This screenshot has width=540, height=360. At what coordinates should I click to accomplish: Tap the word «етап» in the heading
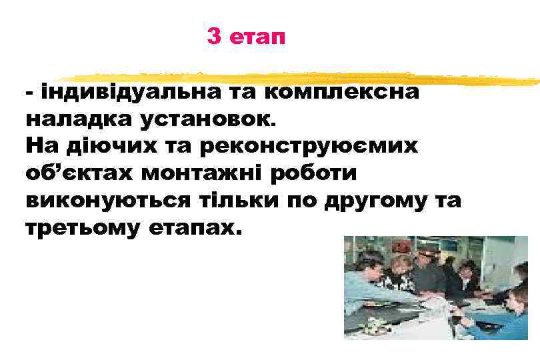pyautogui.click(x=257, y=38)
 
